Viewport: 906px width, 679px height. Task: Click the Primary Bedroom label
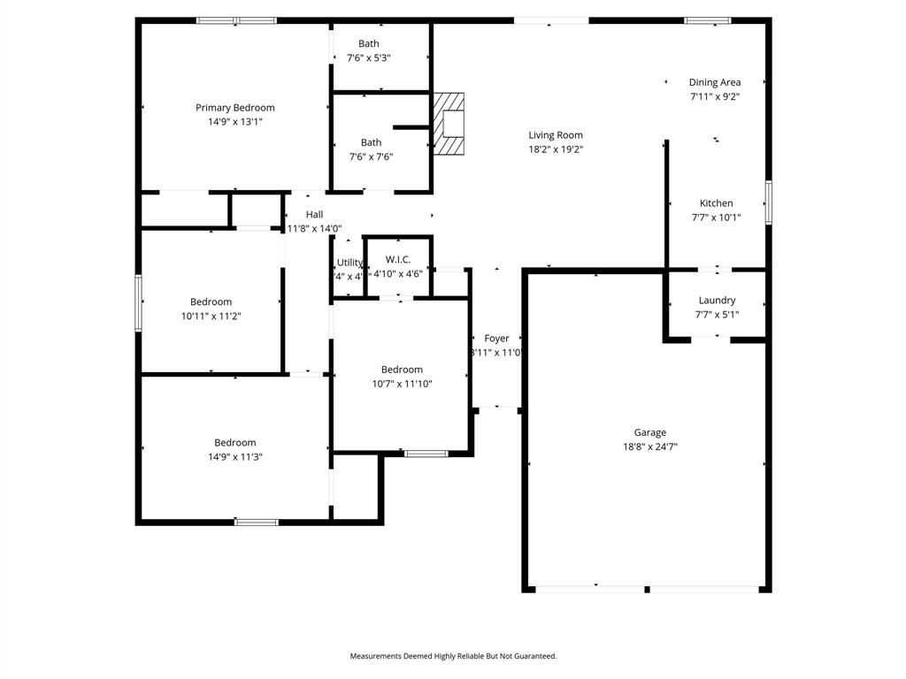(234, 108)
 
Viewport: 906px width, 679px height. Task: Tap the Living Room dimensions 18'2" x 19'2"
(556, 149)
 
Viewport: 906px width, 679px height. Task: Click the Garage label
(649, 432)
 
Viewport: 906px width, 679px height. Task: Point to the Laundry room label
(717, 301)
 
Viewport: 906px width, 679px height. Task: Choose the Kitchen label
(716, 203)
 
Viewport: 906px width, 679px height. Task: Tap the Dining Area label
(715, 82)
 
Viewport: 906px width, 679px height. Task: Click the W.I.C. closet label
(398, 259)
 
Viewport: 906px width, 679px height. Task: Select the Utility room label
(349, 263)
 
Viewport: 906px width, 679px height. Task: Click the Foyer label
(496, 339)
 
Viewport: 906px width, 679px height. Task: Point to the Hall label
(314, 215)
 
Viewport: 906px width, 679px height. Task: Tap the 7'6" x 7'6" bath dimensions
(371, 156)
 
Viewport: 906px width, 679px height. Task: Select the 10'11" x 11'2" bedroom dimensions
(211, 316)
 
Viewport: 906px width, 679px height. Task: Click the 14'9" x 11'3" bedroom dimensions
(234, 457)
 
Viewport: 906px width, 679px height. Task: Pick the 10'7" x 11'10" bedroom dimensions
(402, 384)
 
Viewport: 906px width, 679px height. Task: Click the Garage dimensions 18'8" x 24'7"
(649, 446)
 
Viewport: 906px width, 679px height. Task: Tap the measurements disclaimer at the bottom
(453, 656)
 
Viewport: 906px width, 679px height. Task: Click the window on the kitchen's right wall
(768, 202)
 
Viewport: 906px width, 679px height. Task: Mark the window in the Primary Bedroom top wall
(236, 20)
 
